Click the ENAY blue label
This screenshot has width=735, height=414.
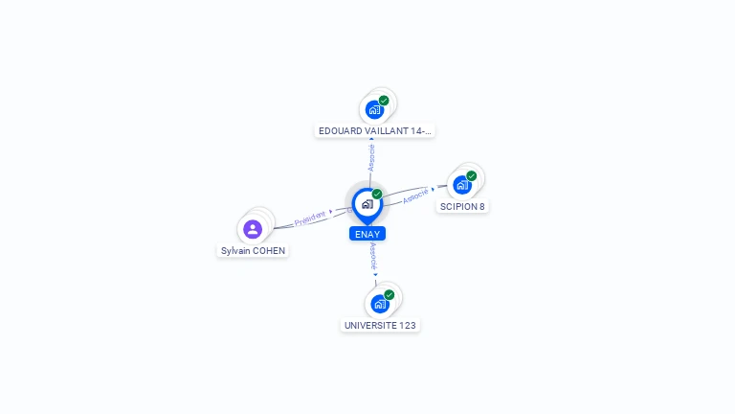pos(367,234)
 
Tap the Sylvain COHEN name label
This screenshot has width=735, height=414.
pos(253,251)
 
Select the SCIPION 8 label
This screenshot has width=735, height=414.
pos(462,207)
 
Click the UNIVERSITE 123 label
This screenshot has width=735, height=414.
pos(380,325)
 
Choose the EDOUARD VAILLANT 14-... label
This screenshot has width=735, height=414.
pos(374,131)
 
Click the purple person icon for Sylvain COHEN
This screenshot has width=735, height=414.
pos(253,229)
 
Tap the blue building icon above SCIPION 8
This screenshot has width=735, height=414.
pos(462,185)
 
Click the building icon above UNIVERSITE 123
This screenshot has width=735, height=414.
pos(380,304)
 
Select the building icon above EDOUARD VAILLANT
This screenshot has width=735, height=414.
pos(374,110)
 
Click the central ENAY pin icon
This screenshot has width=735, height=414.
pos(367,205)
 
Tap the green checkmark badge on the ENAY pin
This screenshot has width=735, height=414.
pos(377,194)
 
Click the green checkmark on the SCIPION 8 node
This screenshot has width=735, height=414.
pos(472,176)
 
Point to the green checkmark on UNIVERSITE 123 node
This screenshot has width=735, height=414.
pos(390,295)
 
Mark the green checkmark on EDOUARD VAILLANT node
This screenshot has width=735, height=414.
pos(384,101)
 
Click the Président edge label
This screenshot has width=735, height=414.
pos(310,218)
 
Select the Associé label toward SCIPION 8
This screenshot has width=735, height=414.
pos(415,195)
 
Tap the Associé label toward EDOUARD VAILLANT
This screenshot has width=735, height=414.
pos(371,158)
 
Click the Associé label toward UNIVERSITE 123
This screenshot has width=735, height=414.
pos(373,256)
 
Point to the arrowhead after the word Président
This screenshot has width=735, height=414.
pos(331,212)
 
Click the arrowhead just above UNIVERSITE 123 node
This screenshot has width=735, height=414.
pos(375,275)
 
